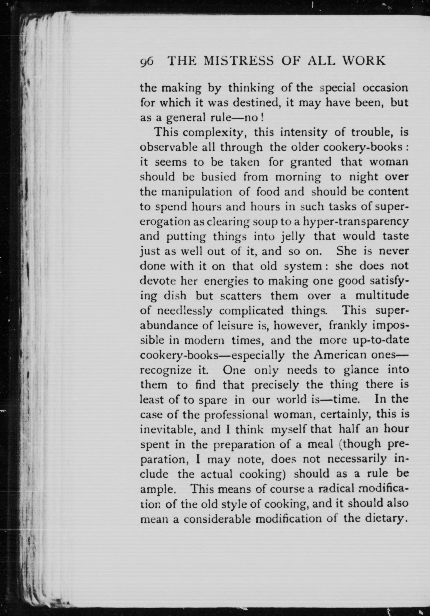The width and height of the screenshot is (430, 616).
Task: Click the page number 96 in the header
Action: (147, 61)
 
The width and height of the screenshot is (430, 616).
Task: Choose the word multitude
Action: (382, 296)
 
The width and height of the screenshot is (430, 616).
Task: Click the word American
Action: (337, 355)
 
